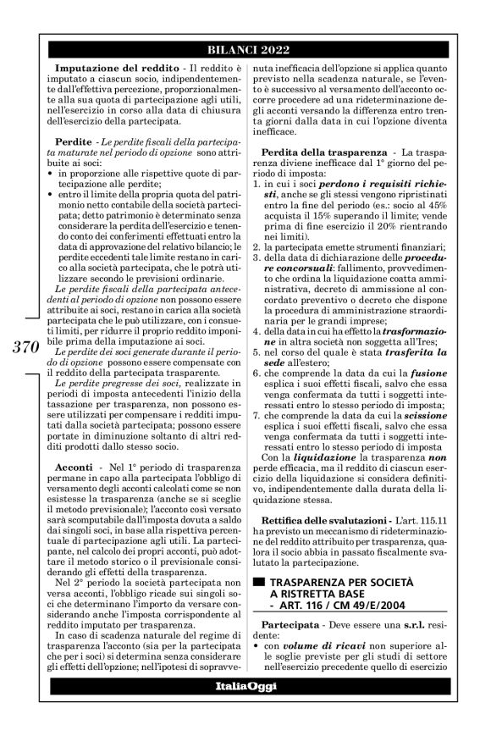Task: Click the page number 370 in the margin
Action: click(26, 346)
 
